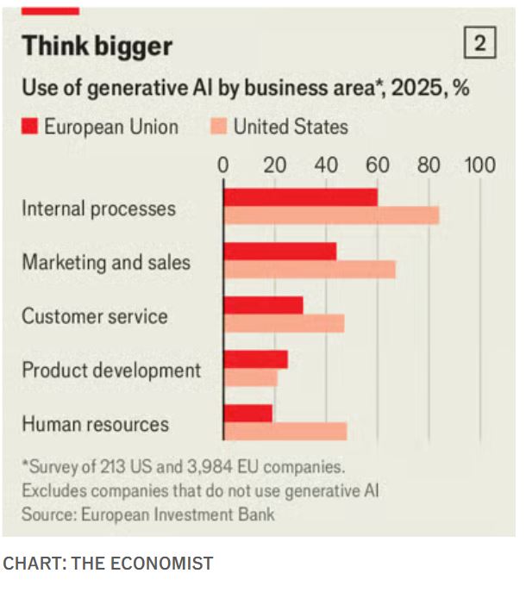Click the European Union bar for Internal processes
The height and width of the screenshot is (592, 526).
click(300, 197)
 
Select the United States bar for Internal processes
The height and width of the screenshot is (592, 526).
click(331, 215)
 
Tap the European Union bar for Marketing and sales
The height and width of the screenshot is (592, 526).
click(279, 252)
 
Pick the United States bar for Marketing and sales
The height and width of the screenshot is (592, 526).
click(309, 270)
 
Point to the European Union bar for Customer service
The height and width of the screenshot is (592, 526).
click(263, 305)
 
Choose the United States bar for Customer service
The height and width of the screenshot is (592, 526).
click(284, 323)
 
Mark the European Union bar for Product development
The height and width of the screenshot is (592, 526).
click(255, 359)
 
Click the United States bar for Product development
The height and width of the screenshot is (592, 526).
click(250, 377)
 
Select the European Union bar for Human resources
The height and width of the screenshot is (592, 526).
click(247, 414)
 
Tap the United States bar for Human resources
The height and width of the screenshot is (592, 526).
click(285, 431)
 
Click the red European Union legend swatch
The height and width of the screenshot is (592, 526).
click(30, 128)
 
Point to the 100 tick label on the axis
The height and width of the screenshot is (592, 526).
click(479, 165)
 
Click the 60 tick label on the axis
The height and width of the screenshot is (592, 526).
click(377, 165)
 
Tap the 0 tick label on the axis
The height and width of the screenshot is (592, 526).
click(223, 165)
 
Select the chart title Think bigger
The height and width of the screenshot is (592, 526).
click(97, 46)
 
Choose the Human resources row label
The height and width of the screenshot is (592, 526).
click(96, 424)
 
